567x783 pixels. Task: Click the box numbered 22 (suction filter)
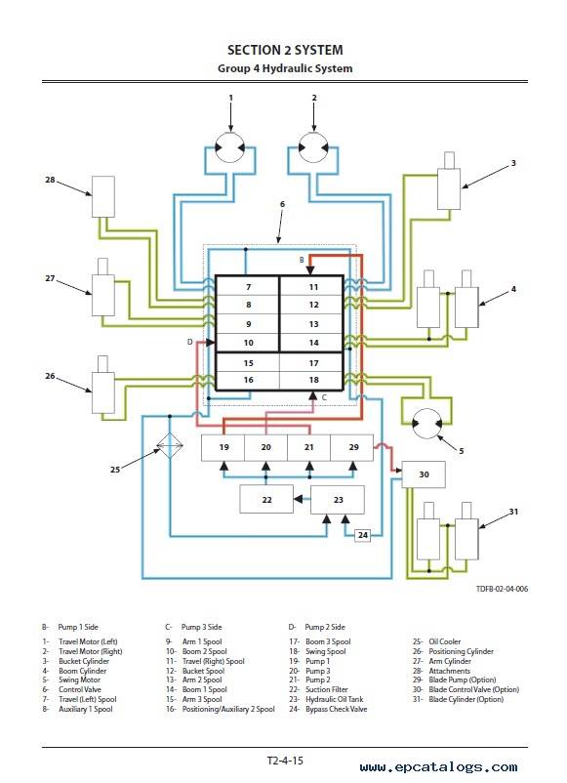tap(266, 499)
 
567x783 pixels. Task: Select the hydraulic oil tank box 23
tap(338, 499)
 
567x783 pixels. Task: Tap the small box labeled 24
tap(363, 535)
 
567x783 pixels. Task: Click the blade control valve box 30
tap(424, 474)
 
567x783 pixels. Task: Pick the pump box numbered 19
tap(223, 447)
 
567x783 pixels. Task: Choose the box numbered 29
tap(352, 447)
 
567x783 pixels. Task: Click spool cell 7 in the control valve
tap(248, 286)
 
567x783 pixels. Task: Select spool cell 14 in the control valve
tap(312, 343)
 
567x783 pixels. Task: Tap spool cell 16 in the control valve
tap(248, 380)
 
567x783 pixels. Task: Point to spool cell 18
tap(312, 380)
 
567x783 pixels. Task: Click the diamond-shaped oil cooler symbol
tap(170, 445)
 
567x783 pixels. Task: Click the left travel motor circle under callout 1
tap(230, 147)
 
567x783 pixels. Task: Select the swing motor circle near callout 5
tap(427, 424)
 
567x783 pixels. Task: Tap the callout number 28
tap(50, 180)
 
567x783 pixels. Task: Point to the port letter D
tap(189, 342)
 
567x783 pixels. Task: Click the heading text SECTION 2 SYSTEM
tap(285, 50)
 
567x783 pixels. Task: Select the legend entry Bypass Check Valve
tap(337, 709)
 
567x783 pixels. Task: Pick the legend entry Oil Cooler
tap(445, 641)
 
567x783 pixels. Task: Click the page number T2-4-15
tap(285, 761)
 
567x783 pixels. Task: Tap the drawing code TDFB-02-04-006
tap(502, 589)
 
